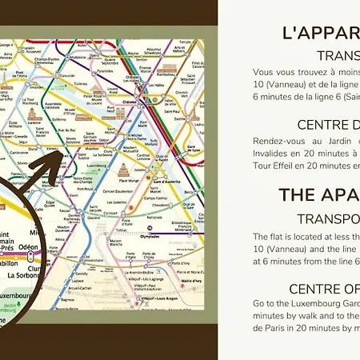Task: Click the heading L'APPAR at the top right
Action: point(320,33)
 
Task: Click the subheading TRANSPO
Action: point(328,218)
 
